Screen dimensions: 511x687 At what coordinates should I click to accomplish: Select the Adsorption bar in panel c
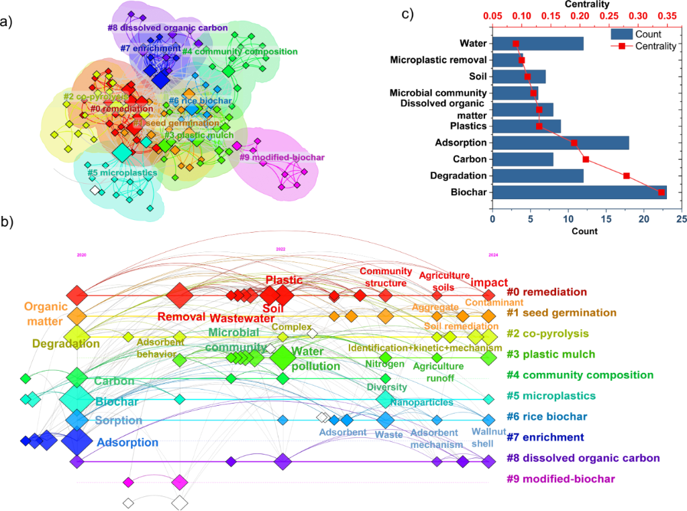[560, 143]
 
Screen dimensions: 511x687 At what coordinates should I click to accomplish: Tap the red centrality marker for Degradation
[627, 176]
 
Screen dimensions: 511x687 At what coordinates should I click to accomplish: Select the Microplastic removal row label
[438, 60]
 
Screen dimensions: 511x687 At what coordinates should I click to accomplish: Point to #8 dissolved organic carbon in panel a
[168, 28]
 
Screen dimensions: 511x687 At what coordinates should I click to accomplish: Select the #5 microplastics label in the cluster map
[122, 172]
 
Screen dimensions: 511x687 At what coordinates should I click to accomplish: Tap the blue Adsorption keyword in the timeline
[127, 442]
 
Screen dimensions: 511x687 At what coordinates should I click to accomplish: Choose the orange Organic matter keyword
[46, 313]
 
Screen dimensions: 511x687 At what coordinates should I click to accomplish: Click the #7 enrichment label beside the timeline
[546, 438]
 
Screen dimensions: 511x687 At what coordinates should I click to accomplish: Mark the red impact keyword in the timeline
[489, 282]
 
